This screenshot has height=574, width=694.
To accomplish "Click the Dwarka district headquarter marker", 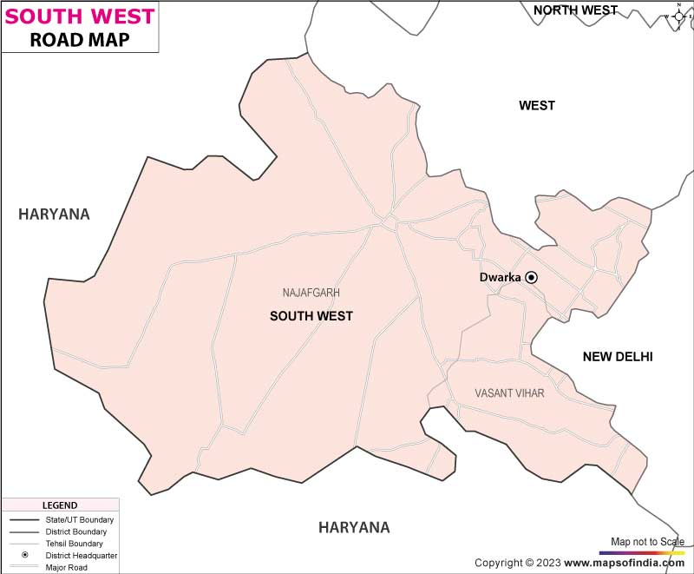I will pos(532,278).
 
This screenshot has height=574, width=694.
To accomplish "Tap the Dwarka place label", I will pos(500,278).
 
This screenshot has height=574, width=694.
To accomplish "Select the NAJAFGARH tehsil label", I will pos(311,293).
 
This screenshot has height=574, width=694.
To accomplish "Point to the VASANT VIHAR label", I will pos(509,393).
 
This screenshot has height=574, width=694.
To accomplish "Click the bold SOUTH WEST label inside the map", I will pos(311,316).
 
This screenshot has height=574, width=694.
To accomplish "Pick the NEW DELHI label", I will pos(617,357).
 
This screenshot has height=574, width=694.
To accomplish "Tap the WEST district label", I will pos(537,106).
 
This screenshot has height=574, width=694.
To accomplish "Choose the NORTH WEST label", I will pos(575,10).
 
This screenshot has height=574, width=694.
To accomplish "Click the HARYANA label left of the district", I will pos(54,214).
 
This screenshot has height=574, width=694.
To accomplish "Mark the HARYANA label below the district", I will pos(354,527).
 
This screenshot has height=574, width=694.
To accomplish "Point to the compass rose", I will pos(678,16).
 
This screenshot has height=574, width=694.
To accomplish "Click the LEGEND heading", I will pos(59,505).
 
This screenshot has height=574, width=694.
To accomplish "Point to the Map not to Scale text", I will pos(647,541).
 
